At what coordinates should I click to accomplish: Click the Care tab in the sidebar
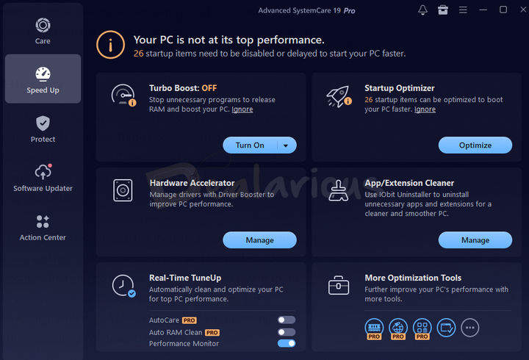tap(43, 30)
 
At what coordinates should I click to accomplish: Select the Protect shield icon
tap(43, 123)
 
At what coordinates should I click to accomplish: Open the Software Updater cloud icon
tap(43, 171)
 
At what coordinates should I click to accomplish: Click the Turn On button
tap(250, 145)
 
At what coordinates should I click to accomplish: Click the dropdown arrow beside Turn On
tap(286, 145)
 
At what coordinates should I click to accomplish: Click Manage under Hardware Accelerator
tap(259, 240)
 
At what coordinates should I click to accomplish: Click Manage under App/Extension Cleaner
tap(475, 240)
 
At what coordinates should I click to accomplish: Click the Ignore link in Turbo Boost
tap(242, 109)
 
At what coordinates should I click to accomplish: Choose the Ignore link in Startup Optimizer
tap(425, 109)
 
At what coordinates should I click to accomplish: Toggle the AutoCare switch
tap(287, 320)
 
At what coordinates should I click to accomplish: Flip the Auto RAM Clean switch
tap(287, 332)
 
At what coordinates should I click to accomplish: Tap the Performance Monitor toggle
tap(287, 343)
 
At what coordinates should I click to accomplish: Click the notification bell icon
tap(422, 10)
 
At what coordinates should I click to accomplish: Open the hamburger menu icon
tap(463, 10)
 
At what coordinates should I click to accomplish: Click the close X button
tap(523, 10)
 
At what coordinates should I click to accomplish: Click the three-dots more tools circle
tap(470, 328)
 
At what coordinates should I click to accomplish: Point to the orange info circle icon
tap(110, 45)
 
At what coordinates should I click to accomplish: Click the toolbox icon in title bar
tap(442, 10)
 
